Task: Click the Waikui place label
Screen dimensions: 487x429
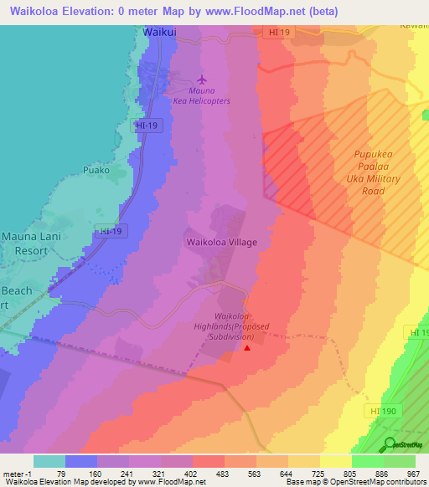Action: tap(155, 32)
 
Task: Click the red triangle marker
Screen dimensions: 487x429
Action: tap(246, 347)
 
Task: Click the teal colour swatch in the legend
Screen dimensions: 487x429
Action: tap(49, 461)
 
